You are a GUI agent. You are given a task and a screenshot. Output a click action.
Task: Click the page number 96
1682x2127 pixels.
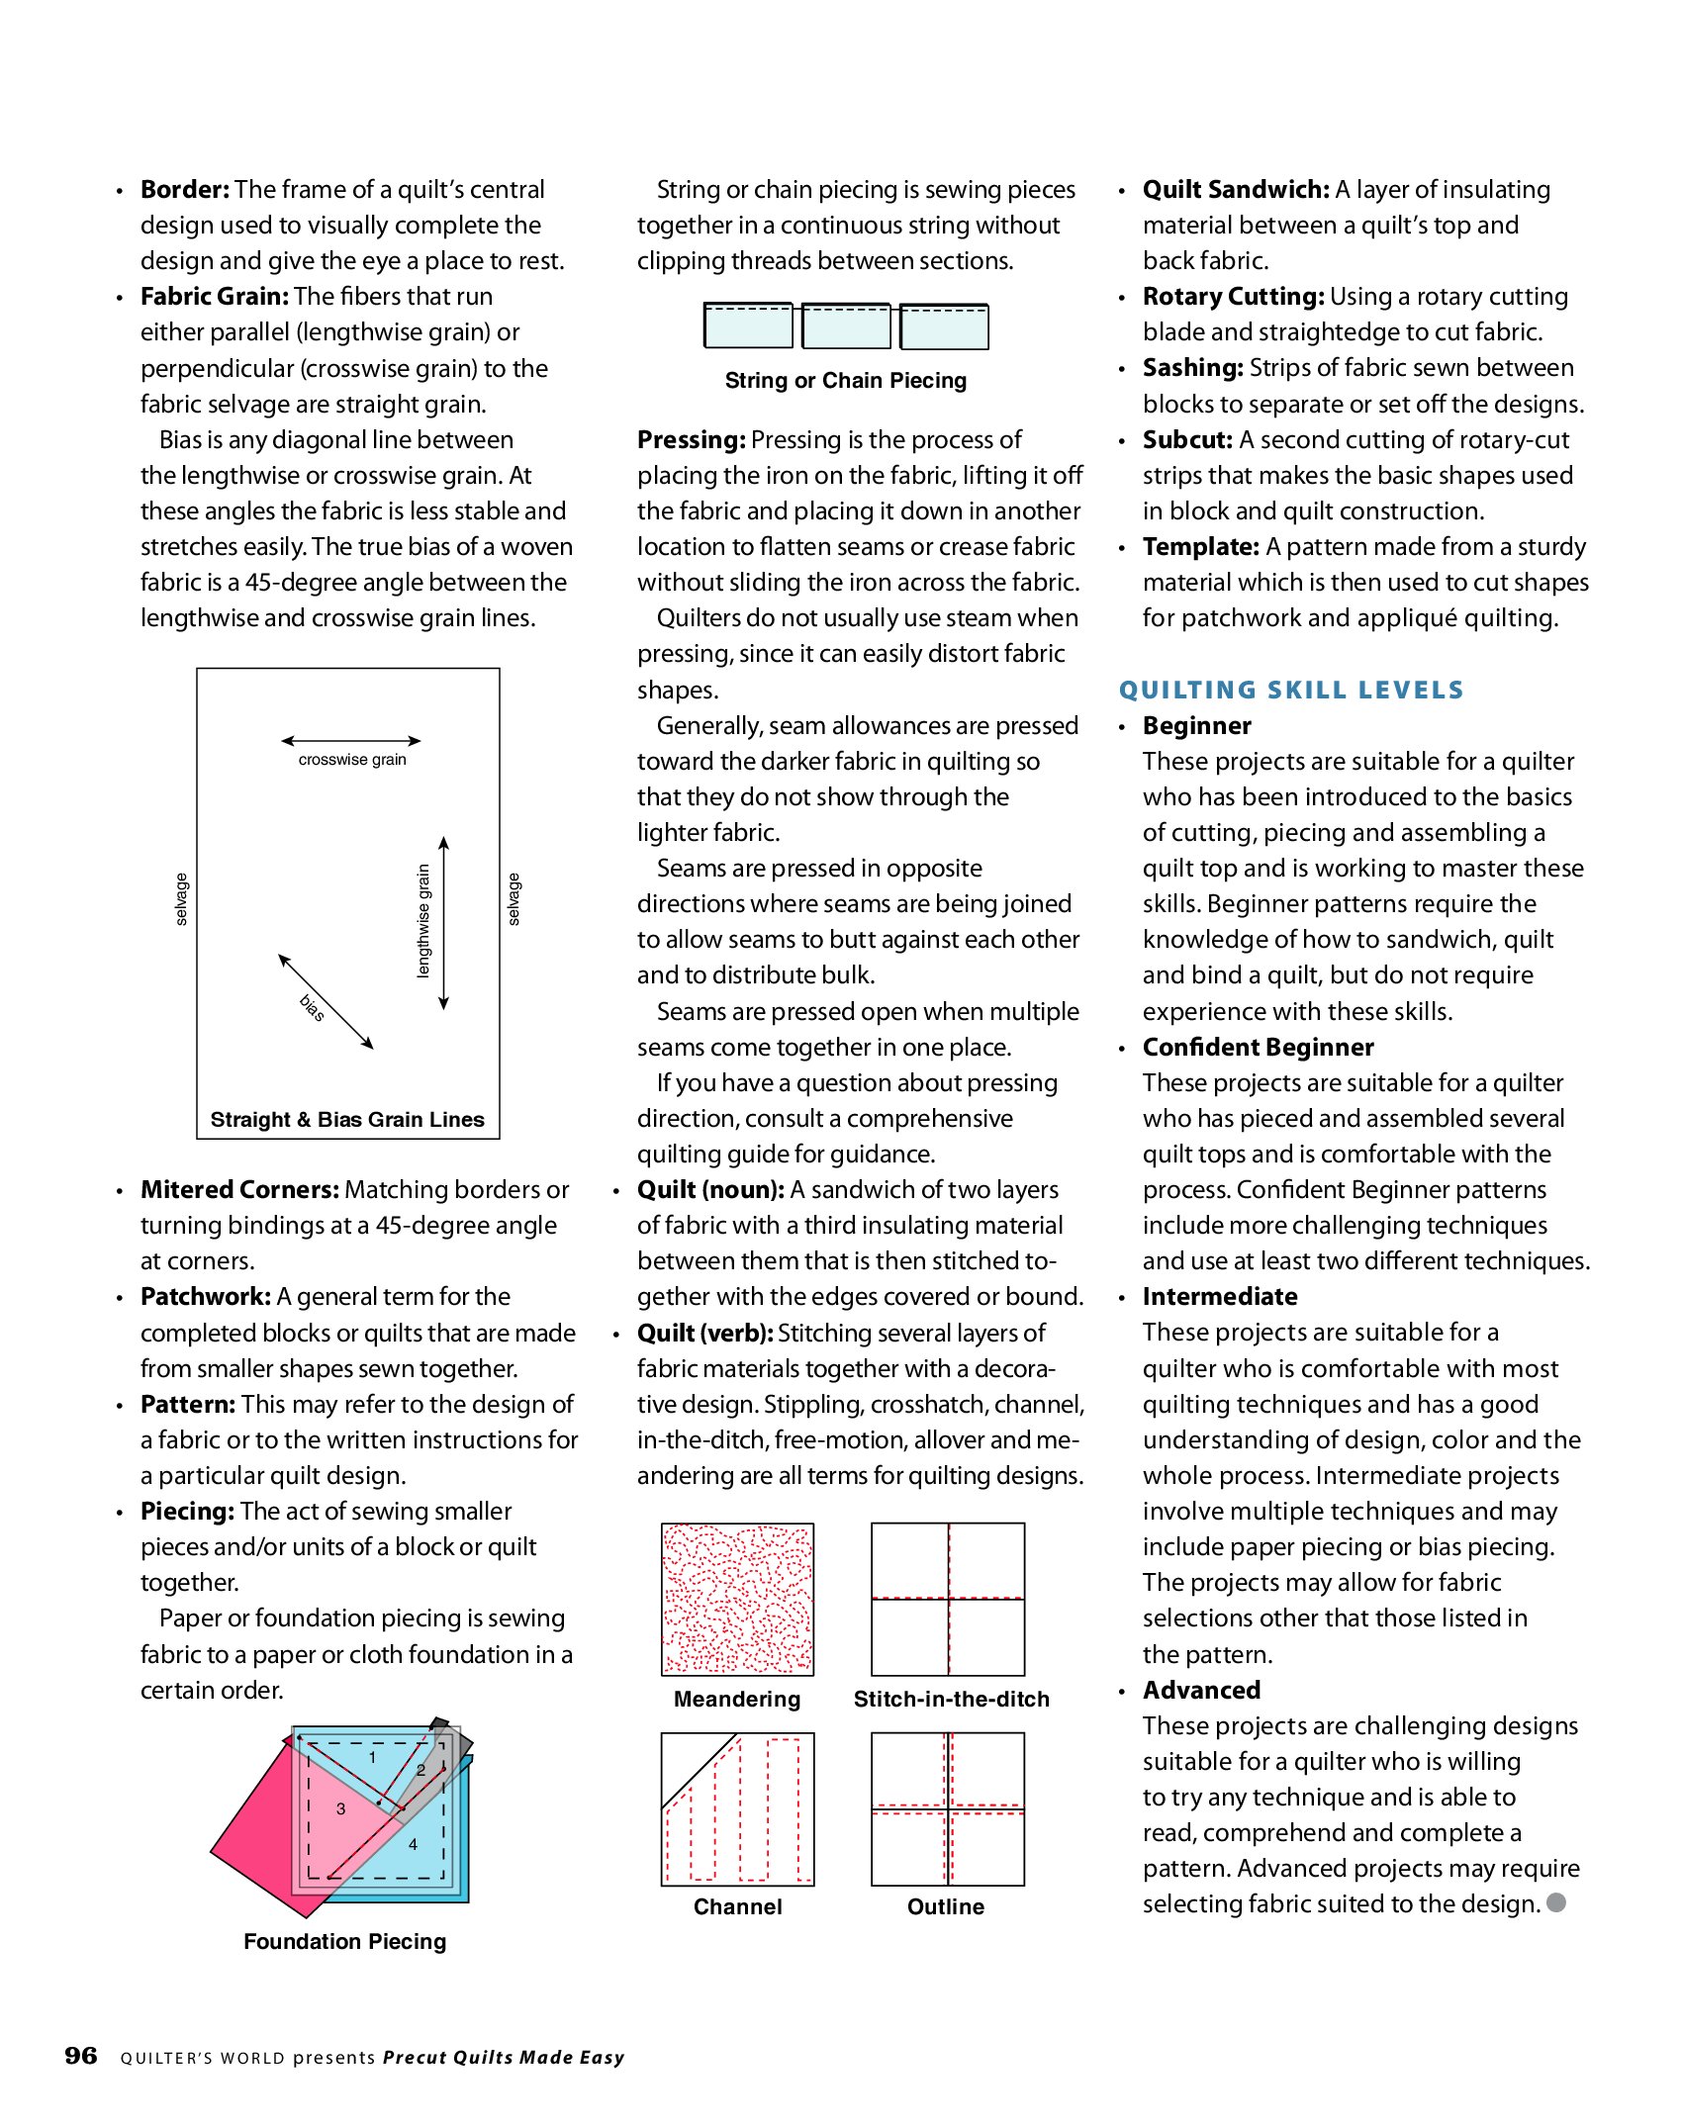81,2056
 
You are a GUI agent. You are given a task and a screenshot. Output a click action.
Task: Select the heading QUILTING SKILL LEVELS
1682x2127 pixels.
1291,690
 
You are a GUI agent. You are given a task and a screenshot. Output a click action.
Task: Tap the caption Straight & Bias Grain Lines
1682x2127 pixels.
347,1119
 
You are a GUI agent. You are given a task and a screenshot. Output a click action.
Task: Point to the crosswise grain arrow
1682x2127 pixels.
351,740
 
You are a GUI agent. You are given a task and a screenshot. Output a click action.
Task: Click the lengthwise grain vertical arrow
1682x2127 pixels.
444,922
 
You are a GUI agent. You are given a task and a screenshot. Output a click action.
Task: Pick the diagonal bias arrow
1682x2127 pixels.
326,1001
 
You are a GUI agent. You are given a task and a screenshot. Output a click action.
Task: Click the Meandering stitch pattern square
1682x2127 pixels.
737,1599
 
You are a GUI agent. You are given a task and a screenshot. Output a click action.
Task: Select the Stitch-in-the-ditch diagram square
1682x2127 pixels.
948,1599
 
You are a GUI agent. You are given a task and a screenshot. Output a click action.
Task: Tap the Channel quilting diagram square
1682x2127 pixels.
737,1808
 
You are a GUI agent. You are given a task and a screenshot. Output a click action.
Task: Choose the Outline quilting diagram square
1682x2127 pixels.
948,1808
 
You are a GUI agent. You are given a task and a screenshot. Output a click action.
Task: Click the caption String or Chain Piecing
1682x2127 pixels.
846,381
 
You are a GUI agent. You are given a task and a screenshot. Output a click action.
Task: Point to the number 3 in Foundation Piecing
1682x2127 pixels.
340,1809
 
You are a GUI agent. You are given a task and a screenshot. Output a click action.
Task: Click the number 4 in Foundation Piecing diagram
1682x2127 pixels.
413,1845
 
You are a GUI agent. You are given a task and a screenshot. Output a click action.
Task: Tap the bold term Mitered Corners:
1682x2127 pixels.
239,1189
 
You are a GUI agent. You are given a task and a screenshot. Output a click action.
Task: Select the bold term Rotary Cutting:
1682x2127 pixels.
1233,297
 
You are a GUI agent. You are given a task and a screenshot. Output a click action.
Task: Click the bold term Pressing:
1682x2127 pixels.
691,439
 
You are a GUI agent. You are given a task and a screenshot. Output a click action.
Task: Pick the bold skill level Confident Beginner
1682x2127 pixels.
1258,1047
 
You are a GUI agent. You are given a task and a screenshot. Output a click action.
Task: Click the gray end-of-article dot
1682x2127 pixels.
1556,1902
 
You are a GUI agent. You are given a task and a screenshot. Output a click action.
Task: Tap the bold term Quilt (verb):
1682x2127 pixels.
704,1333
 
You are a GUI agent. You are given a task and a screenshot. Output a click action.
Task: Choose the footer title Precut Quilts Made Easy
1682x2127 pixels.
504,2058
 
